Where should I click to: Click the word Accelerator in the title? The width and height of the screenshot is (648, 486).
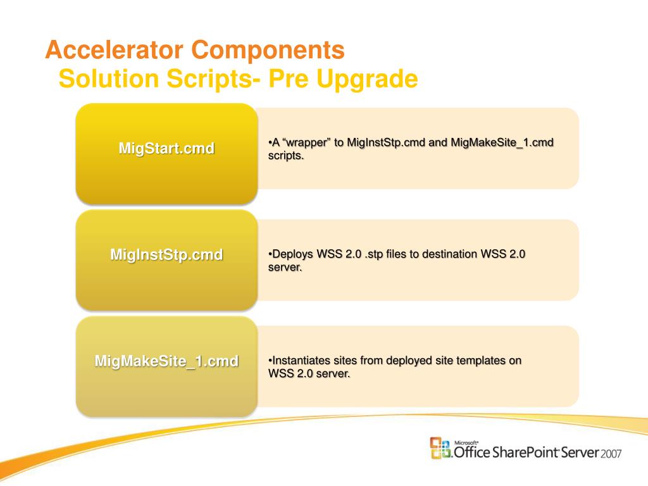[x=114, y=50]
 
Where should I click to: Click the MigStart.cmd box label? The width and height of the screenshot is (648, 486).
[x=166, y=148]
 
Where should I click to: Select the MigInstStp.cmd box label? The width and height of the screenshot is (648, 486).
[x=166, y=254]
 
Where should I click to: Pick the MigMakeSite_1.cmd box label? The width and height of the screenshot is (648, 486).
[x=166, y=361]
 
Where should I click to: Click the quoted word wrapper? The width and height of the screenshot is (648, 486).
[x=306, y=143]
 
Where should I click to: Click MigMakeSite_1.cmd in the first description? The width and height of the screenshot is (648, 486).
[x=502, y=142]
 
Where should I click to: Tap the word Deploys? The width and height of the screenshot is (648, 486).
[x=293, y=254]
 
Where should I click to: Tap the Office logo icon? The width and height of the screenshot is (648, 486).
[x=440, y=449]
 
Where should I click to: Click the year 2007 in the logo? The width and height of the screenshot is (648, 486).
[x=611, y=454]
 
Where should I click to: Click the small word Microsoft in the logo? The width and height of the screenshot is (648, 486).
[x=466, y=442]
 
